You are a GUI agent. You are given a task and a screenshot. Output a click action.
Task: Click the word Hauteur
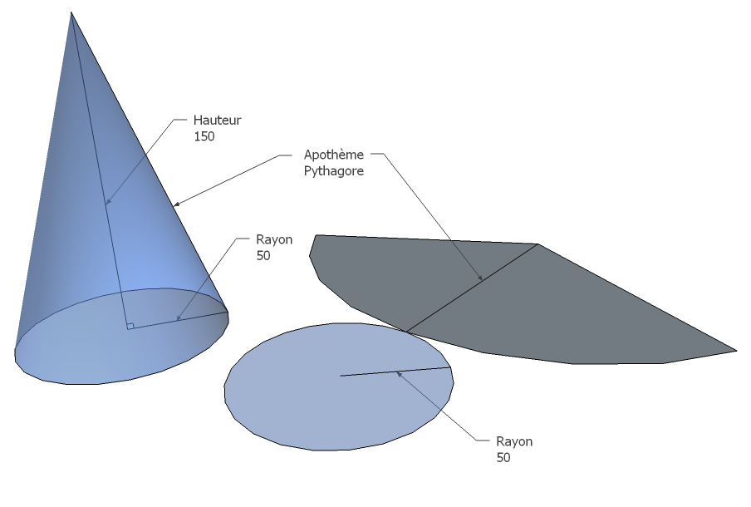point(217,120)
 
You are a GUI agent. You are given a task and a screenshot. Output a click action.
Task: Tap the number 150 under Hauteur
point(204,136)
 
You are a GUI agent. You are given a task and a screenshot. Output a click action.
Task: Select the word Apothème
point(334,155)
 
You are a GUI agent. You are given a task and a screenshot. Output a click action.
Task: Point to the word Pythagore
point(334,171)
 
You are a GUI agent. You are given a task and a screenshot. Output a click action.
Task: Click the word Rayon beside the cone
point(274,239)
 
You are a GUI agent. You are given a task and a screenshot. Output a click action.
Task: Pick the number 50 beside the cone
point(263,256)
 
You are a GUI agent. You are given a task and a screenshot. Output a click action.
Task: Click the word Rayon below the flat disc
point(514,441)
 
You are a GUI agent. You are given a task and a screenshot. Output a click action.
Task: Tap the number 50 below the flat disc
point(503,458)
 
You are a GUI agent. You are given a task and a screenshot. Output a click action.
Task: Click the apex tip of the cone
point(71,12)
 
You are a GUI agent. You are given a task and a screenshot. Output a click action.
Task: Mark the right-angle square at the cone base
point(130,327)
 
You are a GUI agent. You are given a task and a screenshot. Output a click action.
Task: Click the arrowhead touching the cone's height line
point(108,201)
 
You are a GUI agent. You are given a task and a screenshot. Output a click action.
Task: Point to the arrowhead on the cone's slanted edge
point(177,204)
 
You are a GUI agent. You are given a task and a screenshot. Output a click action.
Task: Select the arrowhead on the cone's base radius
point(178,317)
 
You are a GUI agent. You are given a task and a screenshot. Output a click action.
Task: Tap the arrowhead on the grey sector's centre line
point(480,277)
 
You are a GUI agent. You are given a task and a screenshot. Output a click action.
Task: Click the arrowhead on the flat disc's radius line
point(399,374)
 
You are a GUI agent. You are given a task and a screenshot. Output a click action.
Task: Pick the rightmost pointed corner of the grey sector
point(736,351)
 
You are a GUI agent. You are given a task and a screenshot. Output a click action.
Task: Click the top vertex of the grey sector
point(537,244)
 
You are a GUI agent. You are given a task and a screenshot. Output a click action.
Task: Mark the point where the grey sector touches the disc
point(406,332)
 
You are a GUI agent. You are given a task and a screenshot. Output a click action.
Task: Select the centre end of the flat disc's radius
point(341,376)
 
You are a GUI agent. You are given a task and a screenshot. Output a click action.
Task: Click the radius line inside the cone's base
point(178,321)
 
